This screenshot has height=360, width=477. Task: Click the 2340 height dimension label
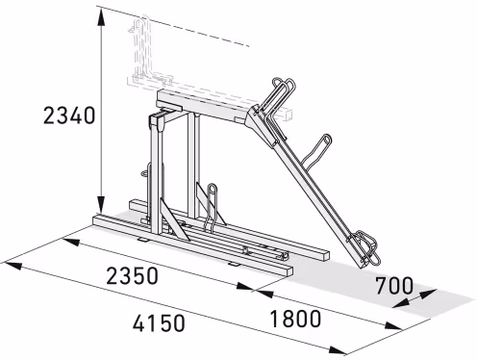(69, 116)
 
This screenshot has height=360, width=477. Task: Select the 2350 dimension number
(132, 276)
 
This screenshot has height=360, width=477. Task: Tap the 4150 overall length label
(159, 322)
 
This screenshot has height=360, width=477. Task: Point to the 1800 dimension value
(295, 319)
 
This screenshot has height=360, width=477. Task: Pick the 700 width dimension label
(394, 286)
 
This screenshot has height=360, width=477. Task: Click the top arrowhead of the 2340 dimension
(101, 16)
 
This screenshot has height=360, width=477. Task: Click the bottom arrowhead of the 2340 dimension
(101, 205)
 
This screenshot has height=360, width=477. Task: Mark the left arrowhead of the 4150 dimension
(13, 266)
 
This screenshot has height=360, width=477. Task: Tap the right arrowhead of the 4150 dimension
(339, 350)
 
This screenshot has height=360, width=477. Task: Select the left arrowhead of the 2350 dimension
(70, 242)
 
